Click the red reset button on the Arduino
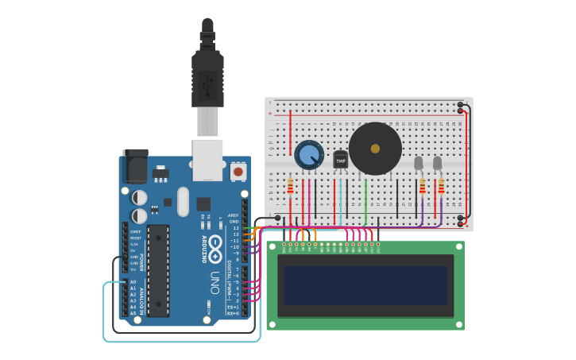(x=238, y=171)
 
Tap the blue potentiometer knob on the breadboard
(x=309, y=155)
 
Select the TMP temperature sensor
(x=341, y=160)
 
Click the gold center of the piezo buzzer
(x=375, y=149)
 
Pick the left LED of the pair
(x=419, y=163)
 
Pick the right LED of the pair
(x=438, y=163)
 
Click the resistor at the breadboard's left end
(x=290, y=186)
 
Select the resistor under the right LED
(x=441, y=186)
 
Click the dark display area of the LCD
(x=365, y=285)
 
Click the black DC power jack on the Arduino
(x=136, y=167)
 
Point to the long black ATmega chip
(x=158, y=270)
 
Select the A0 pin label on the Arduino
(x=133, y=282)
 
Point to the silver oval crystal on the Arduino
(x=184, y=202)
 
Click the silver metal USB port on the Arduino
(x=207, y=159)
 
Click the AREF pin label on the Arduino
(x=233, y=215)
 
